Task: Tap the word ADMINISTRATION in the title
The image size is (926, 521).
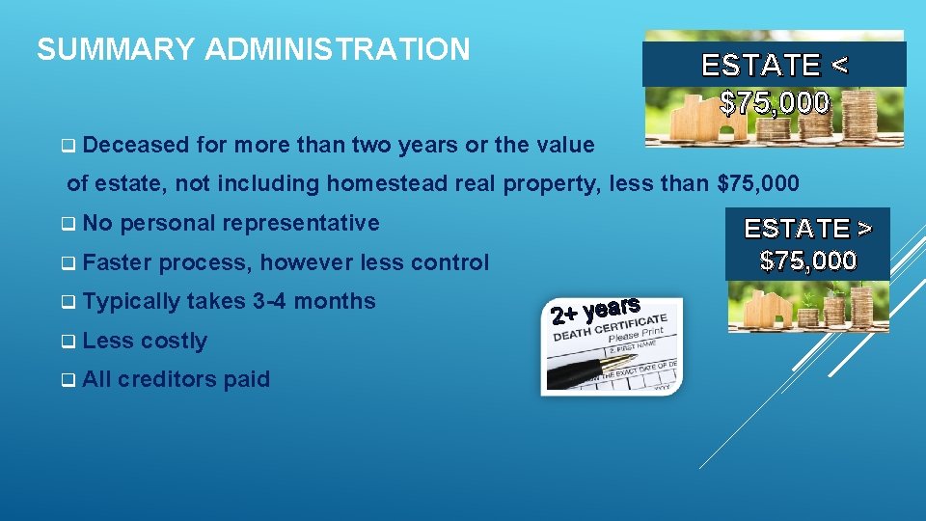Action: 338,49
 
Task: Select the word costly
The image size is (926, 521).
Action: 174,341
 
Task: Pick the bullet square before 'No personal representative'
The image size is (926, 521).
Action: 69,224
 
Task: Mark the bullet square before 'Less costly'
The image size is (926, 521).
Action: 69,342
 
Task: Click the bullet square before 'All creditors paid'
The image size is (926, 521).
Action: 69,380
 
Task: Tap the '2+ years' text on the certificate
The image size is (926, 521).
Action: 595,310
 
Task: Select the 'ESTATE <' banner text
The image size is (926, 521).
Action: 775,66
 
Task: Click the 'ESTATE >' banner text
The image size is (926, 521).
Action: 807,229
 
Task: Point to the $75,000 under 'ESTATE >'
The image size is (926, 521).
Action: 807,260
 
